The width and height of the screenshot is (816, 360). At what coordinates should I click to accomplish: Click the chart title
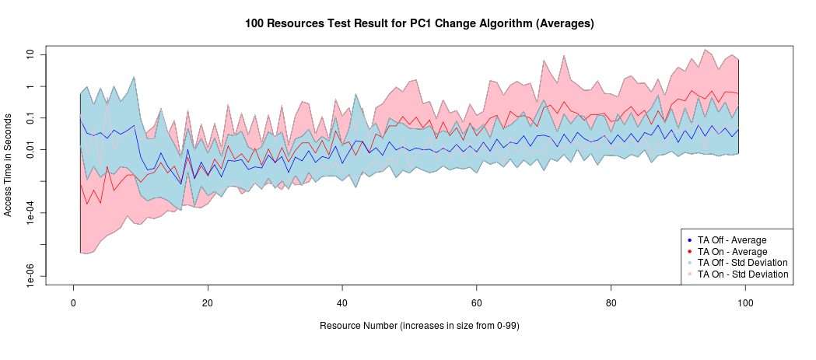click(x=419, y=23)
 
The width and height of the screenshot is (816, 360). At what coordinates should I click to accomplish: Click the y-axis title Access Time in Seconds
click(x=9, y=166)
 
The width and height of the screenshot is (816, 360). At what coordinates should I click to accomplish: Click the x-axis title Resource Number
click(x=419, y=326)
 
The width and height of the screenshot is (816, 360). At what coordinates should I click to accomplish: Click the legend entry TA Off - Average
click(x=732, y=240)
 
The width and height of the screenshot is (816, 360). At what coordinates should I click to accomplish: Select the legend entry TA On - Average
click(x=732, y=252)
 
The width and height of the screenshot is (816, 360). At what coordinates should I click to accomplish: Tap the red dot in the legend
click(x=691, y=252)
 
